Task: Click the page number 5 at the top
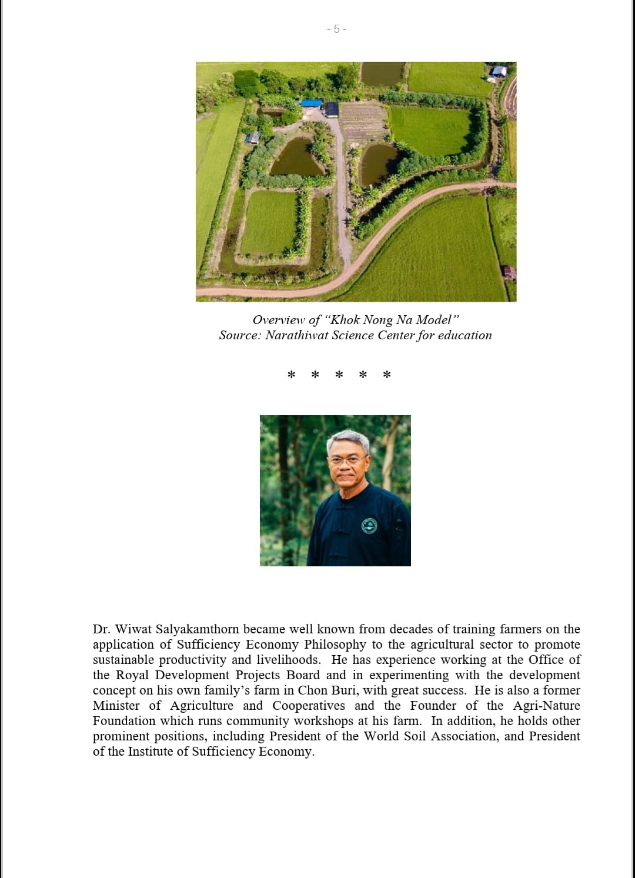(336, 29)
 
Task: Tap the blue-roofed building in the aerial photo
(312, 104)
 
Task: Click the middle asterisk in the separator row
(339, 375)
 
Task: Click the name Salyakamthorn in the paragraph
(198, 629)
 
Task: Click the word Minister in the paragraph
(116, 706)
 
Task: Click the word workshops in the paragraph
(323, 721)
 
